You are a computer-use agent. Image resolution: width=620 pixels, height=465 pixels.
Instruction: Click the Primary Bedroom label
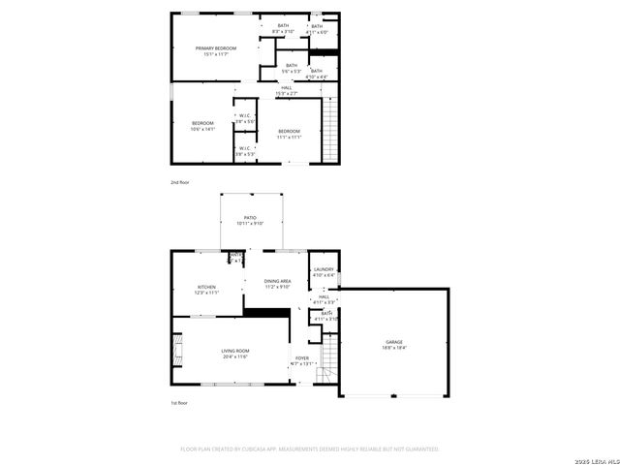pos(215,51)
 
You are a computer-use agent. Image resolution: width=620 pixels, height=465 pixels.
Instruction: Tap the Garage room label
pos(394,344)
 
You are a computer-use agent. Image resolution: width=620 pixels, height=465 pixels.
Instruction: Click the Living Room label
pos(235,354)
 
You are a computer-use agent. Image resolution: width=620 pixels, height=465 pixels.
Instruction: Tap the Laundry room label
pos(324,271)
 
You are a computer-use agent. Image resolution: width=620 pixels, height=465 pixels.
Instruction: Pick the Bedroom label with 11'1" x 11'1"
pos(290,134)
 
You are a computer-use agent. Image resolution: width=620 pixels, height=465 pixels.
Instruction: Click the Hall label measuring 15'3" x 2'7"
pos(287,90)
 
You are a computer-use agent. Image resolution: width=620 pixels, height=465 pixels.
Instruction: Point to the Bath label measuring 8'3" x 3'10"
pos(283,28)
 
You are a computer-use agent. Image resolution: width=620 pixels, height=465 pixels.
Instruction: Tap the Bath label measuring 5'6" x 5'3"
pos(292,68)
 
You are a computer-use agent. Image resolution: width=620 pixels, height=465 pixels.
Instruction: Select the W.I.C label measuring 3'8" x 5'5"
pos(244,118)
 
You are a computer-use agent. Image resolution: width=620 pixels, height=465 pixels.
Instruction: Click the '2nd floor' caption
pos(181,182)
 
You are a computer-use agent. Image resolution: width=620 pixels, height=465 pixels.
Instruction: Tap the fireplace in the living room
pos(176,350)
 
